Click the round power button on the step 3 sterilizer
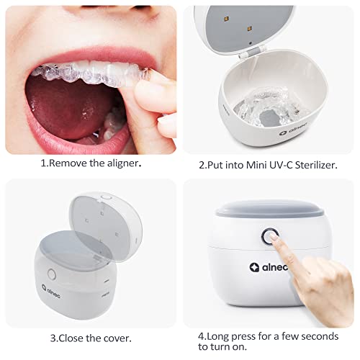(51, 276)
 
